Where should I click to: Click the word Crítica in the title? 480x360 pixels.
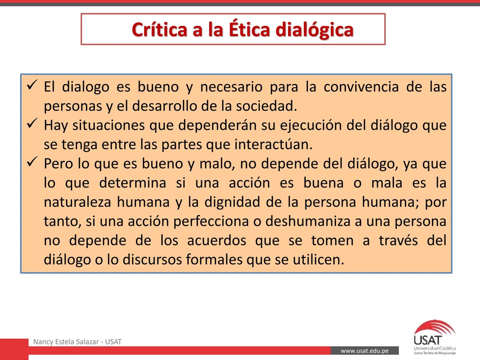(x=160, y=29)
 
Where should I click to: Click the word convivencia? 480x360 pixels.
(x=361, y=87)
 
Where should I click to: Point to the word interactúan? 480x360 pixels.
(x=273, y=144)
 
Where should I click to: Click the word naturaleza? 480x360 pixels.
(x=77, y=202)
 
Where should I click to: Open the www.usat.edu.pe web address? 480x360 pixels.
(x=365, y=351)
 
